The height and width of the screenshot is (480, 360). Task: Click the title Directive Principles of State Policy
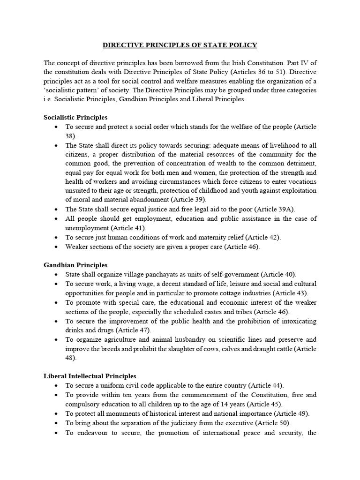click(x=180, y=45)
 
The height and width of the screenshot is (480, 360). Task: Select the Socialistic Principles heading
click(x=75, y=118)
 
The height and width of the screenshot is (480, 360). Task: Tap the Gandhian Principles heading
click(x=75, y=265)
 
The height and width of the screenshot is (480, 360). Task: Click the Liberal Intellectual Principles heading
click(x=90, y=376)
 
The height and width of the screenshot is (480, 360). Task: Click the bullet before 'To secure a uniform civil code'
click(x=56, y=385)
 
